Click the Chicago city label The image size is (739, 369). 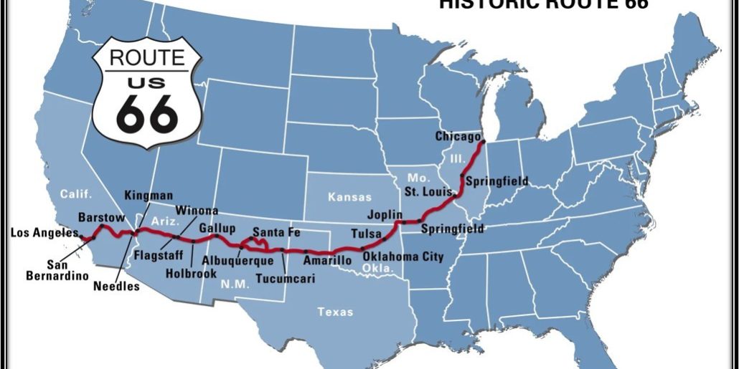[x=456, y=136]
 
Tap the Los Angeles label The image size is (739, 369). [x=44, y=232]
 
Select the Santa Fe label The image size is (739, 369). [x=276, y=232]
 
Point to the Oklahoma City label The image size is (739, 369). [x=403, y=257]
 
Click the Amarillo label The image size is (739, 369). [x=327, y=261]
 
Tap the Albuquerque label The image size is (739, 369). [x=237, y=260]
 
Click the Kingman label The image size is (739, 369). [x=149, y=195]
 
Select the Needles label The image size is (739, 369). [x=116, y=287]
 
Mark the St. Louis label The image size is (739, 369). [x=428, y=192]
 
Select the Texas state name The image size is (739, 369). [x=336, y=312]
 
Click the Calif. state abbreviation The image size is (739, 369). [x=76, y=194]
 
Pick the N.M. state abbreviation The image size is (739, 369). [x=218, y=284]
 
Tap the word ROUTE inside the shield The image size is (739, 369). [x=147, y=58]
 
